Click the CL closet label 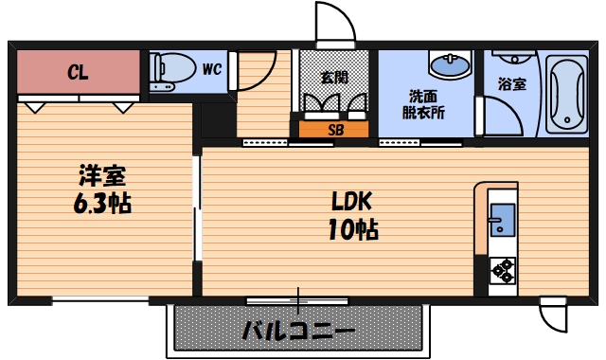78,72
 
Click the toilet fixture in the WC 170,70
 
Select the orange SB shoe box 335,129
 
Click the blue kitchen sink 500,221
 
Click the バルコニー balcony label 298,333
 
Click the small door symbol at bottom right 553,314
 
